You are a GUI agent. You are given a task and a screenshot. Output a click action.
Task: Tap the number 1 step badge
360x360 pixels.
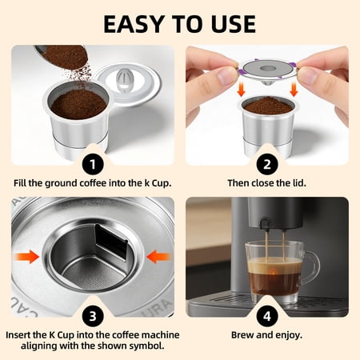pos(93,164)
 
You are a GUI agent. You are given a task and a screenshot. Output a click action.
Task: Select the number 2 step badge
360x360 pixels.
pos(267,164)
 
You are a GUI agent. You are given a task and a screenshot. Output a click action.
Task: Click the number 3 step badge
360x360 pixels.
pos(93,316)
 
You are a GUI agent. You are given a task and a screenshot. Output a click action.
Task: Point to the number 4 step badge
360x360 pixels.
pos(267,316)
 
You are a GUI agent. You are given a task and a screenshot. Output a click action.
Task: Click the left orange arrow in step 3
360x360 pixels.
pos(26,257)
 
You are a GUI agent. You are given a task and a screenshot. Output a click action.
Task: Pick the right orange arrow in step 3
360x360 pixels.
pos(159,257)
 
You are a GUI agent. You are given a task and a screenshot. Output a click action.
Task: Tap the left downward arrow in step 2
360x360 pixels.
pos(241,90)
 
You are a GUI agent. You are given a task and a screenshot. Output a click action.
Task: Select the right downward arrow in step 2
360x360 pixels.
pos(294,90)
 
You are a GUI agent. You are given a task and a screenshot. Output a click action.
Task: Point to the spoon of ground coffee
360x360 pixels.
pos(64,57)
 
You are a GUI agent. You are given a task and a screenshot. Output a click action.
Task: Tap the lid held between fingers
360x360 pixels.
pos(267,70)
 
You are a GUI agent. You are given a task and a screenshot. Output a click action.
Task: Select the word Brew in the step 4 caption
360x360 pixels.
pos(242,335)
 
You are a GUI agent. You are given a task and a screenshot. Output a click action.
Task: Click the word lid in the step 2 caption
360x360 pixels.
pos(298,183)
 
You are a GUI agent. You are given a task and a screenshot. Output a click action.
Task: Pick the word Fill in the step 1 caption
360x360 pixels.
pos(20,183)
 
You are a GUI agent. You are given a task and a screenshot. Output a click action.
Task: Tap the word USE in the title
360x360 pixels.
pos(234,24)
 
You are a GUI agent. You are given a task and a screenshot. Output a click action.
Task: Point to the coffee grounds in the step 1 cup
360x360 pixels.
pos(78,104)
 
